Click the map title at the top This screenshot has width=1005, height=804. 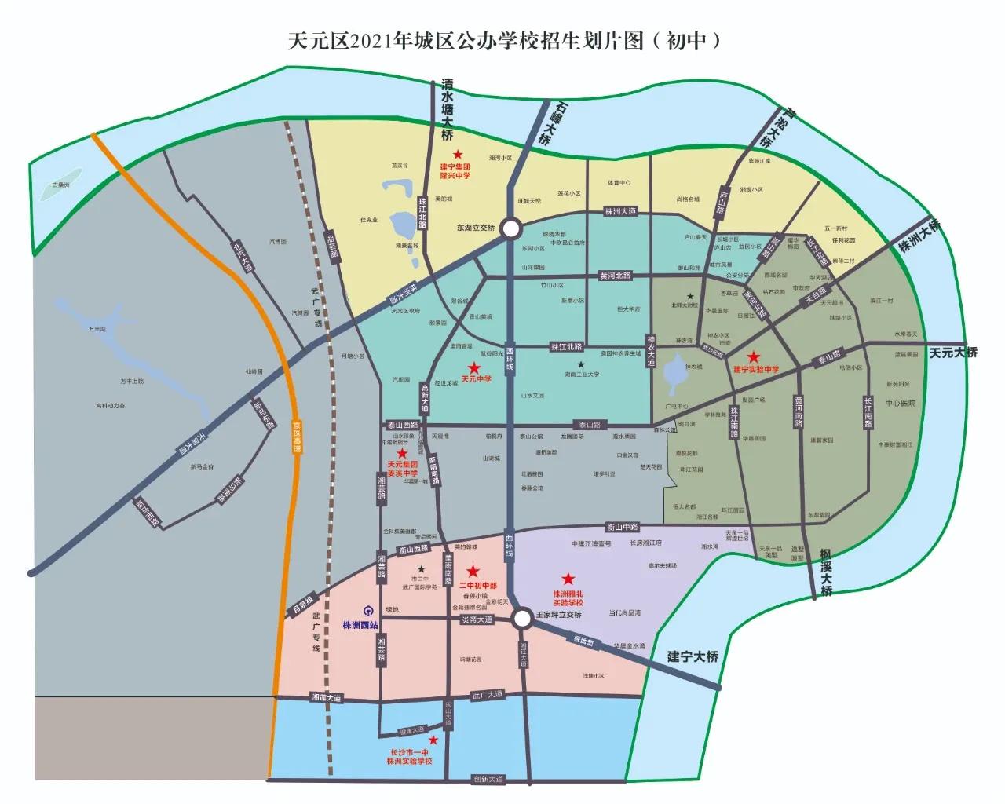point(503,40)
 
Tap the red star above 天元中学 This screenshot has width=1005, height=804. point(473,367)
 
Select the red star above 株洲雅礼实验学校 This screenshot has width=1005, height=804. point(568,579)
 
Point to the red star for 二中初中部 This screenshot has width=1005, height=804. point(473,571)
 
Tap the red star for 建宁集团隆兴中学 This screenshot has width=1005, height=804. point(458,155)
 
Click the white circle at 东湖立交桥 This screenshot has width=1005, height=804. point(511,228)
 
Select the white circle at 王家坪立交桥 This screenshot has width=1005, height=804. point(523,619)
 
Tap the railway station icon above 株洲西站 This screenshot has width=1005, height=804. point(368,611)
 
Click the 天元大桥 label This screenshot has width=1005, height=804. point(953,353)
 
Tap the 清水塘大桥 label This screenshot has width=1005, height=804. point(448,110)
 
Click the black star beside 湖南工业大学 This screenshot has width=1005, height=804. point(581,364)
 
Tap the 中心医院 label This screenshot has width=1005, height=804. point(901,404)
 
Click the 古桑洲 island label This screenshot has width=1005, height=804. point(60,185)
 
